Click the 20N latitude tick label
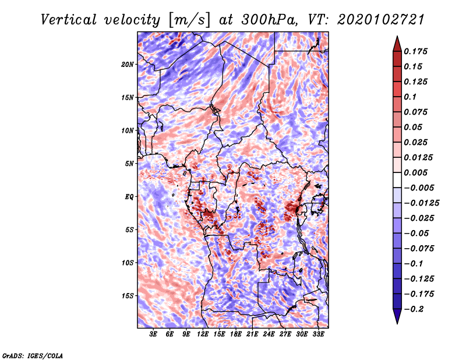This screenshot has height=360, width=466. click(128, 64)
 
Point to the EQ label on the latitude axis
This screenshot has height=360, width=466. click(129, 196)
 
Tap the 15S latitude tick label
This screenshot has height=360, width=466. click(128, 295)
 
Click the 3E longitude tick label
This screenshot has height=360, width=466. click(154, 334)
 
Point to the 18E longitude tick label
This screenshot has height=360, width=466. click(236, 334)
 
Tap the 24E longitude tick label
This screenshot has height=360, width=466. click(269, 334)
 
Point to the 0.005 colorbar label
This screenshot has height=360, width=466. click(418, 172)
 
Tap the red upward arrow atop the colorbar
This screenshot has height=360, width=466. click(397, 43)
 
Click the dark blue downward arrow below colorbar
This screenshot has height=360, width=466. click(397, 317)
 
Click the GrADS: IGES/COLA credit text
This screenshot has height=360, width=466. click(33, 355)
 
